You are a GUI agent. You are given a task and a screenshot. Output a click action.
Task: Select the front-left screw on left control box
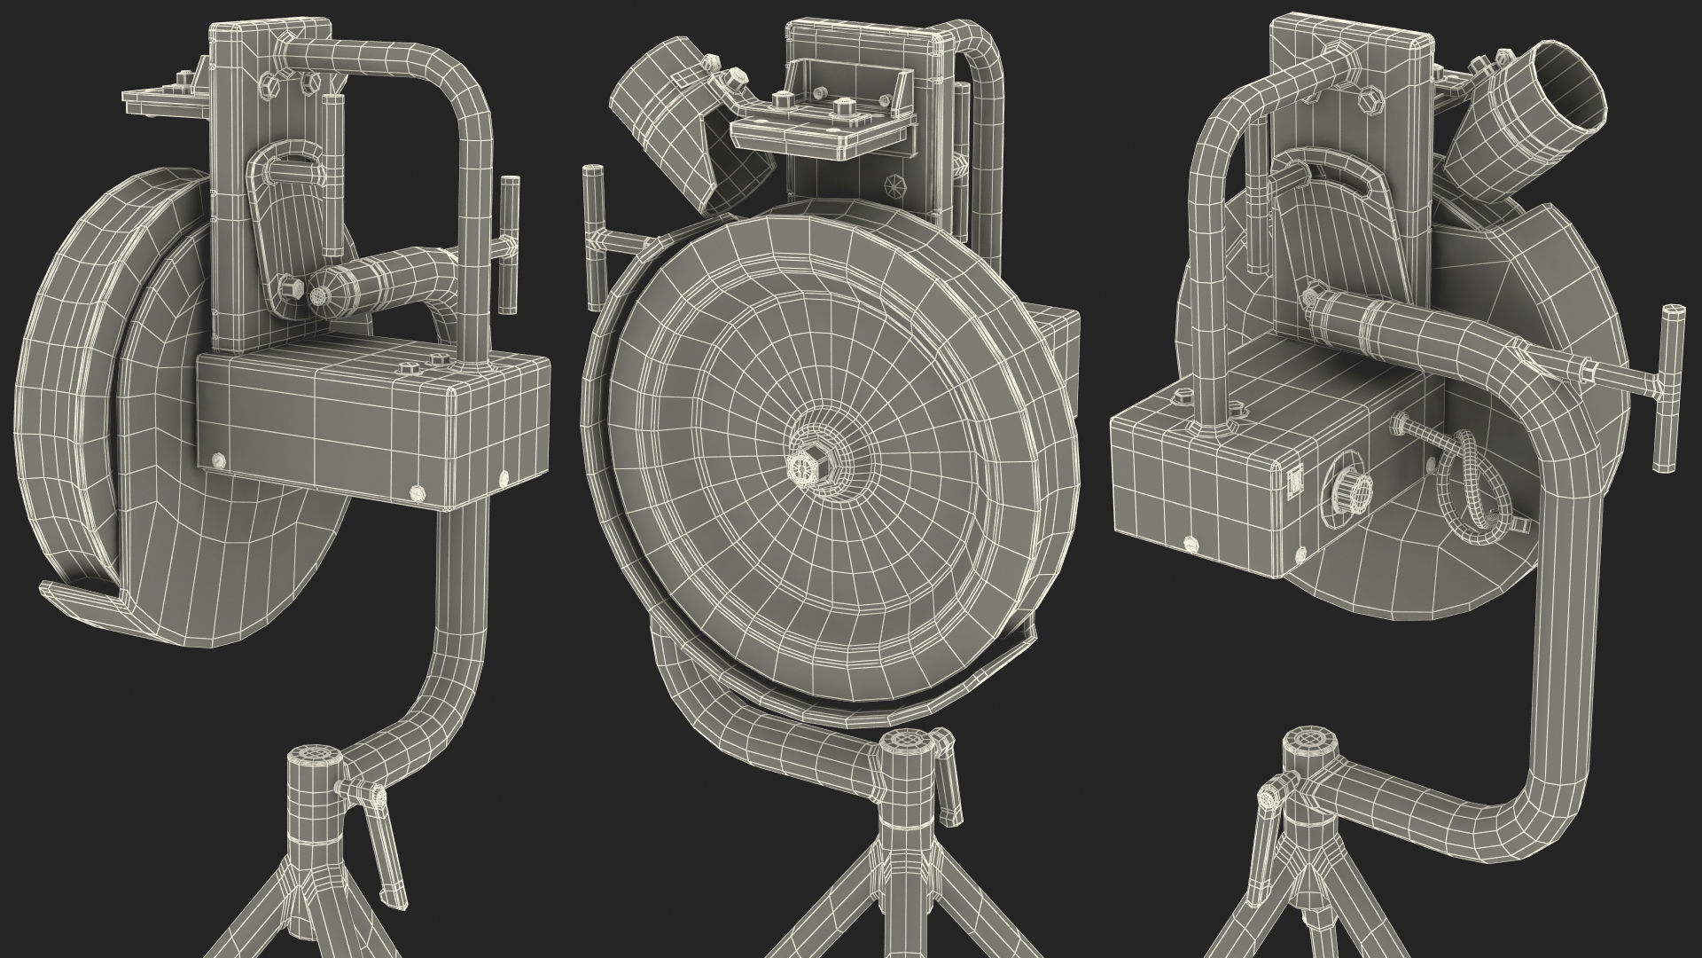(x=219, y=459)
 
